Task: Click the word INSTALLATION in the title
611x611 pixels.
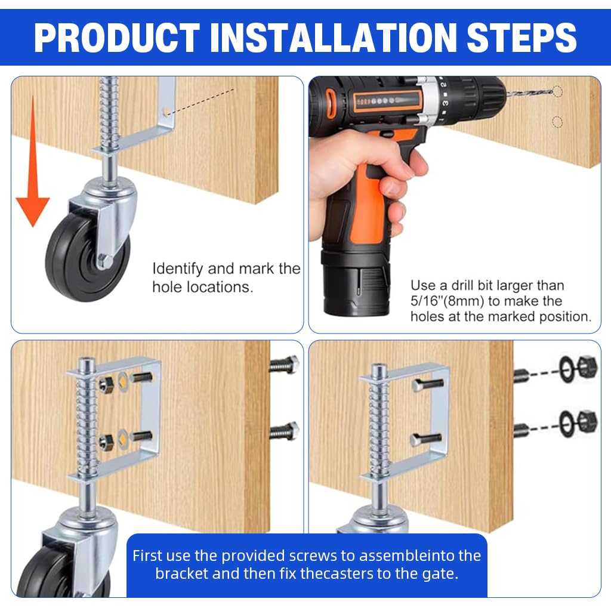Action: coord(333,38)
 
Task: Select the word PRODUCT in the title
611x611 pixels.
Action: coord(117,38)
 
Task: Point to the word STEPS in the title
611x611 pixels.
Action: coord(521,38)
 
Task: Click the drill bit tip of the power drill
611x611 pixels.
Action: coord(552,91)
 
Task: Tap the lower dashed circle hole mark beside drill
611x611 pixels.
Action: coord(558,122)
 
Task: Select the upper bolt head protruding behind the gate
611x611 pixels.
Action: coord(285,365)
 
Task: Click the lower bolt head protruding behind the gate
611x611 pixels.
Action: coord(285,431)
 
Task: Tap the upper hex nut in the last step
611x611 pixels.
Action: coord(587,367)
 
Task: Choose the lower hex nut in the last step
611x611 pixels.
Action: coord(587,421)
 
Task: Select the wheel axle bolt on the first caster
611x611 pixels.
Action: coord(105,260)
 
